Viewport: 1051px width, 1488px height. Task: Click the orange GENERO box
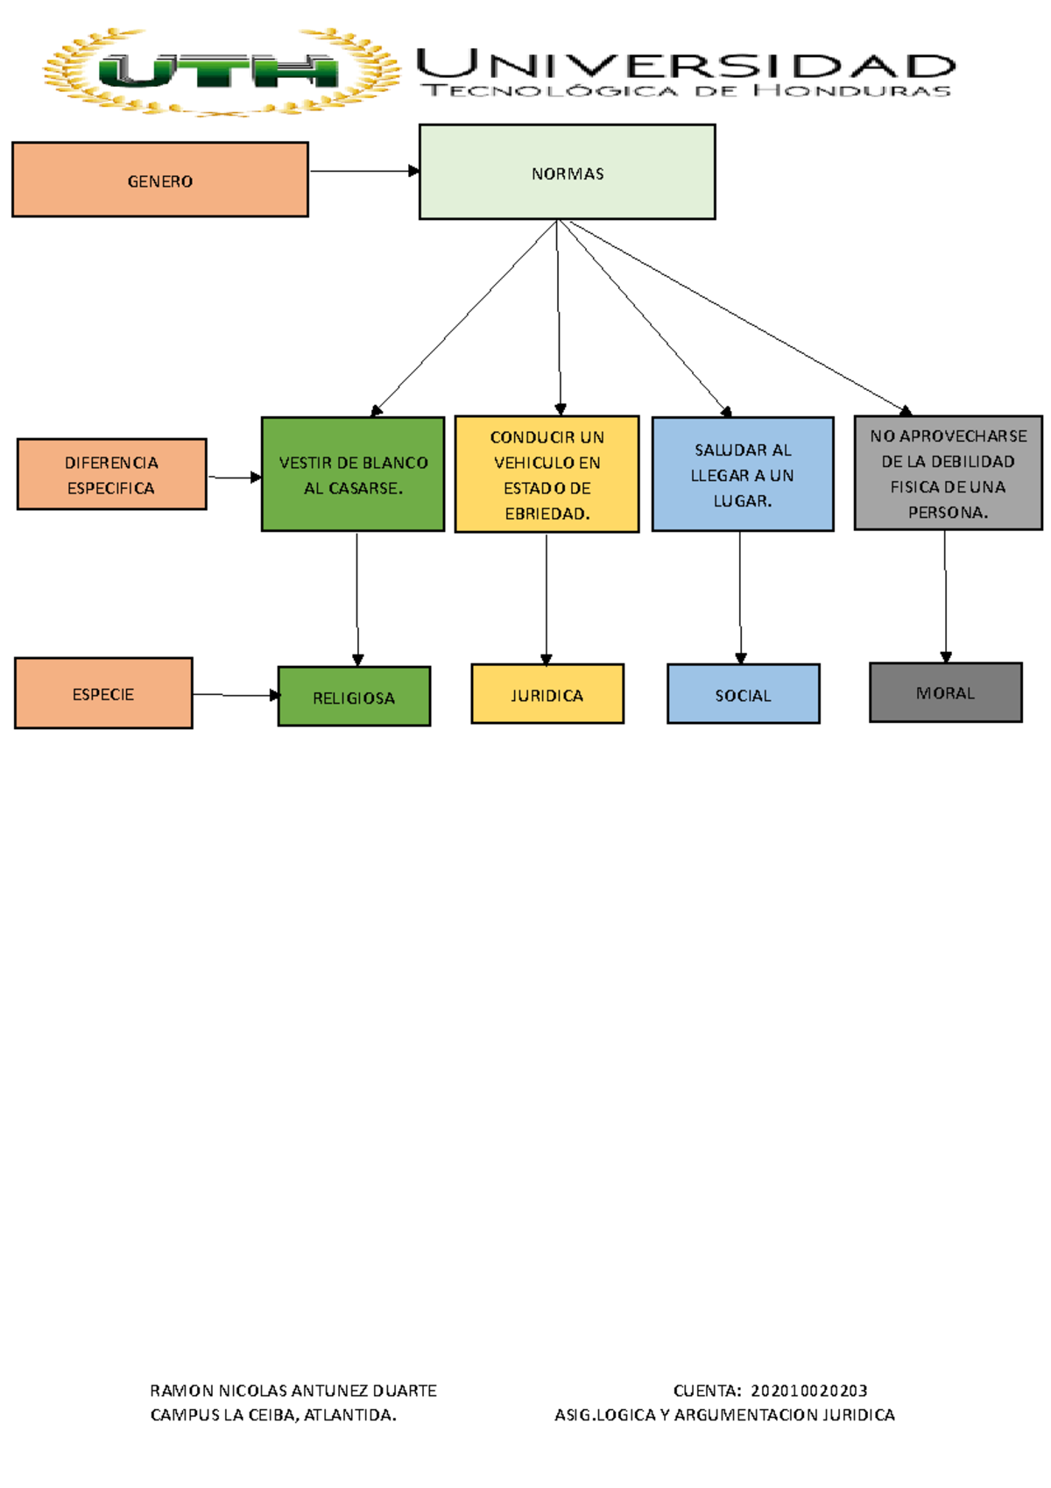click(160, 180)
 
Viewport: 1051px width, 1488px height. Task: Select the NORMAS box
click(567, 172)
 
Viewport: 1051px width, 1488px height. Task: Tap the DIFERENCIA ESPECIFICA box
click(111, 474)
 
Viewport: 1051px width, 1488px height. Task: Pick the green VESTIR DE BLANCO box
click(353, 474)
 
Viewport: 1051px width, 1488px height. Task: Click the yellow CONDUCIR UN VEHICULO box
click(547, 474)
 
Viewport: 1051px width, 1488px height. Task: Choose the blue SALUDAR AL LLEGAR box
click(743, 474)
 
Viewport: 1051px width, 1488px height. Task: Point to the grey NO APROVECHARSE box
click(949, 473)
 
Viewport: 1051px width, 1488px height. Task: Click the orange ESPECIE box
click(103, 693)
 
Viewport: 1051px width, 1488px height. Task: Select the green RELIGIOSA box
click(354, 696)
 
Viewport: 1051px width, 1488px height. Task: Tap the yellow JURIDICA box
click(547, 693)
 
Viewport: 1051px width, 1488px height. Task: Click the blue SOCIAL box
click(743, 693)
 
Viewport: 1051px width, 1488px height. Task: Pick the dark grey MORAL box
click(945, 692)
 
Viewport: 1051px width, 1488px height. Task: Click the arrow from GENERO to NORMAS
click(364, 171)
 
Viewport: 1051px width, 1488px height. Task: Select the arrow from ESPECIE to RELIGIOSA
click(236, 695)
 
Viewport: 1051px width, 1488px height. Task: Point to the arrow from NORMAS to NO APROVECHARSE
click(740, 317)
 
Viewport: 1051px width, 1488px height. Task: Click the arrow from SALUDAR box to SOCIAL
click(740, 598)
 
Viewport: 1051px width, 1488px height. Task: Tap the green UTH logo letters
click(219, 71)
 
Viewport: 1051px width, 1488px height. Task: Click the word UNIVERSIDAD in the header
click(686, 65)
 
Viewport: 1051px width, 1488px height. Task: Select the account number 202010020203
click(808, 1391)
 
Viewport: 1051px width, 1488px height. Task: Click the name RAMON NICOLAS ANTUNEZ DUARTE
click(293, 1391)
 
